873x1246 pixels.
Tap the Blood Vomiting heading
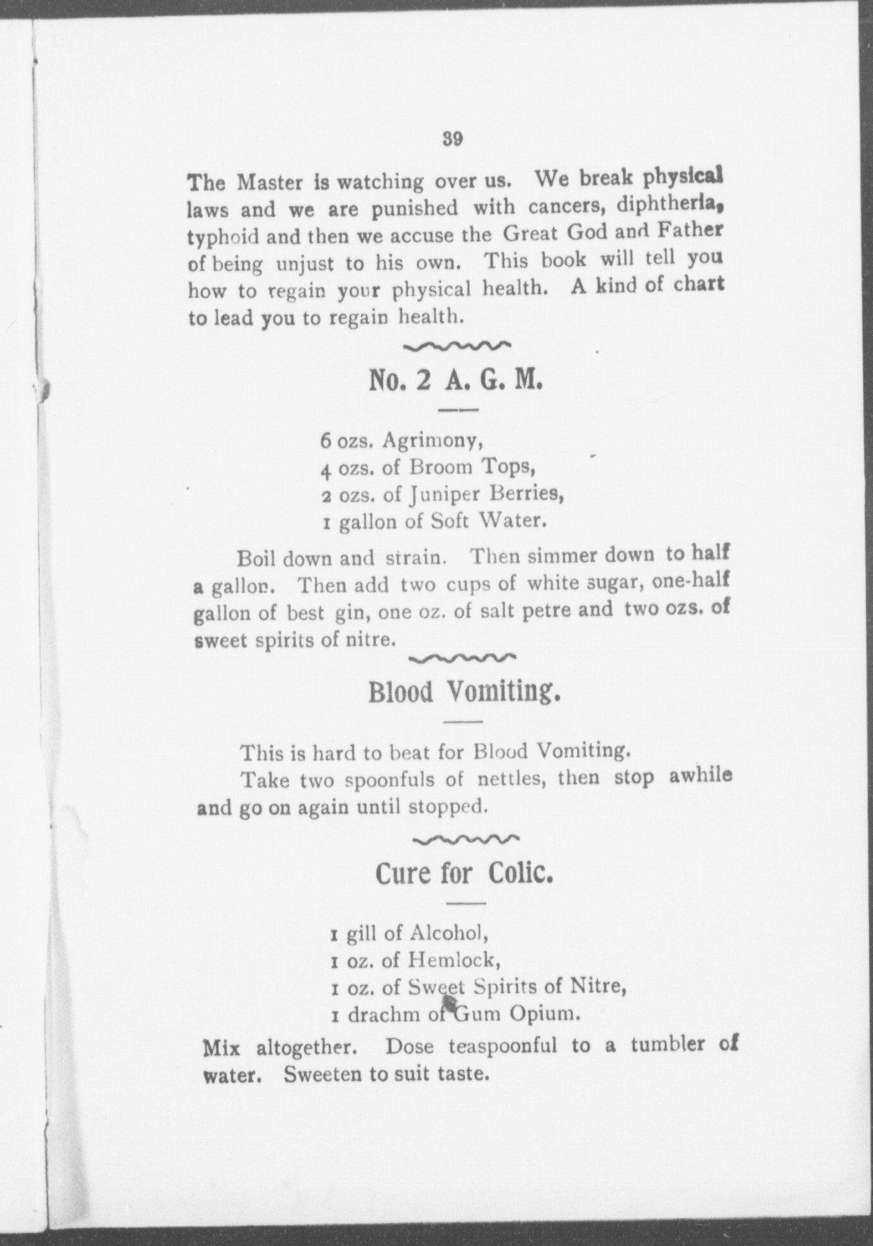(464, 692)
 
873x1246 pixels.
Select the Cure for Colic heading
(464, 873)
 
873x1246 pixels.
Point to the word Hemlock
(452, 960)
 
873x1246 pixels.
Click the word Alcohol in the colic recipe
(449, 933)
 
